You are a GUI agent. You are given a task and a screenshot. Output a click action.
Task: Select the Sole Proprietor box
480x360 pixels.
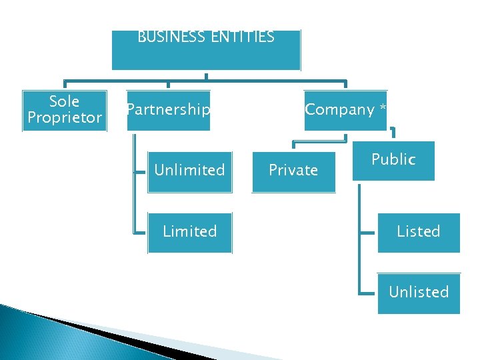pos(65,111)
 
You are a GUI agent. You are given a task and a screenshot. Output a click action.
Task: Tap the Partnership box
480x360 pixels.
pos(168,110)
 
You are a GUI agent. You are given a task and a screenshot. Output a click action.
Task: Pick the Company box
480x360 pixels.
pos(345,110)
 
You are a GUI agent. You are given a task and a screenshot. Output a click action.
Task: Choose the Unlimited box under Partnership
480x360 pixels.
pos(189,171)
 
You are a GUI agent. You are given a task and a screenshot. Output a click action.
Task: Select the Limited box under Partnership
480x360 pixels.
pos(189,232)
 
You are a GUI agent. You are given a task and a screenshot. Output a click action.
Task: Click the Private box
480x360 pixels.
pos(293,171)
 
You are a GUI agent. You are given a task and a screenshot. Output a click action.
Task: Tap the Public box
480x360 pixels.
pos(393,160)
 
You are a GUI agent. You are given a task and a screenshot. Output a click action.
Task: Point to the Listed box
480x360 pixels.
pos(419,232)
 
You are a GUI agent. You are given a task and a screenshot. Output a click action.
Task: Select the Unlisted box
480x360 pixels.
pos(419,293)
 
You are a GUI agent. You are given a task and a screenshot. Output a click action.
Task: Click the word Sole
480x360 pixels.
pos(65,101)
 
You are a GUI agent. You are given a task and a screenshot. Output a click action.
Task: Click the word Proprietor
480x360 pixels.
pos(65,118)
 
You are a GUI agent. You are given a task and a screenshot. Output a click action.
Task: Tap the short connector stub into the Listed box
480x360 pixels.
pos(367,233)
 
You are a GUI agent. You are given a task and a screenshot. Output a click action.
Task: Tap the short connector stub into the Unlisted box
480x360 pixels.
pos(367,293)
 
